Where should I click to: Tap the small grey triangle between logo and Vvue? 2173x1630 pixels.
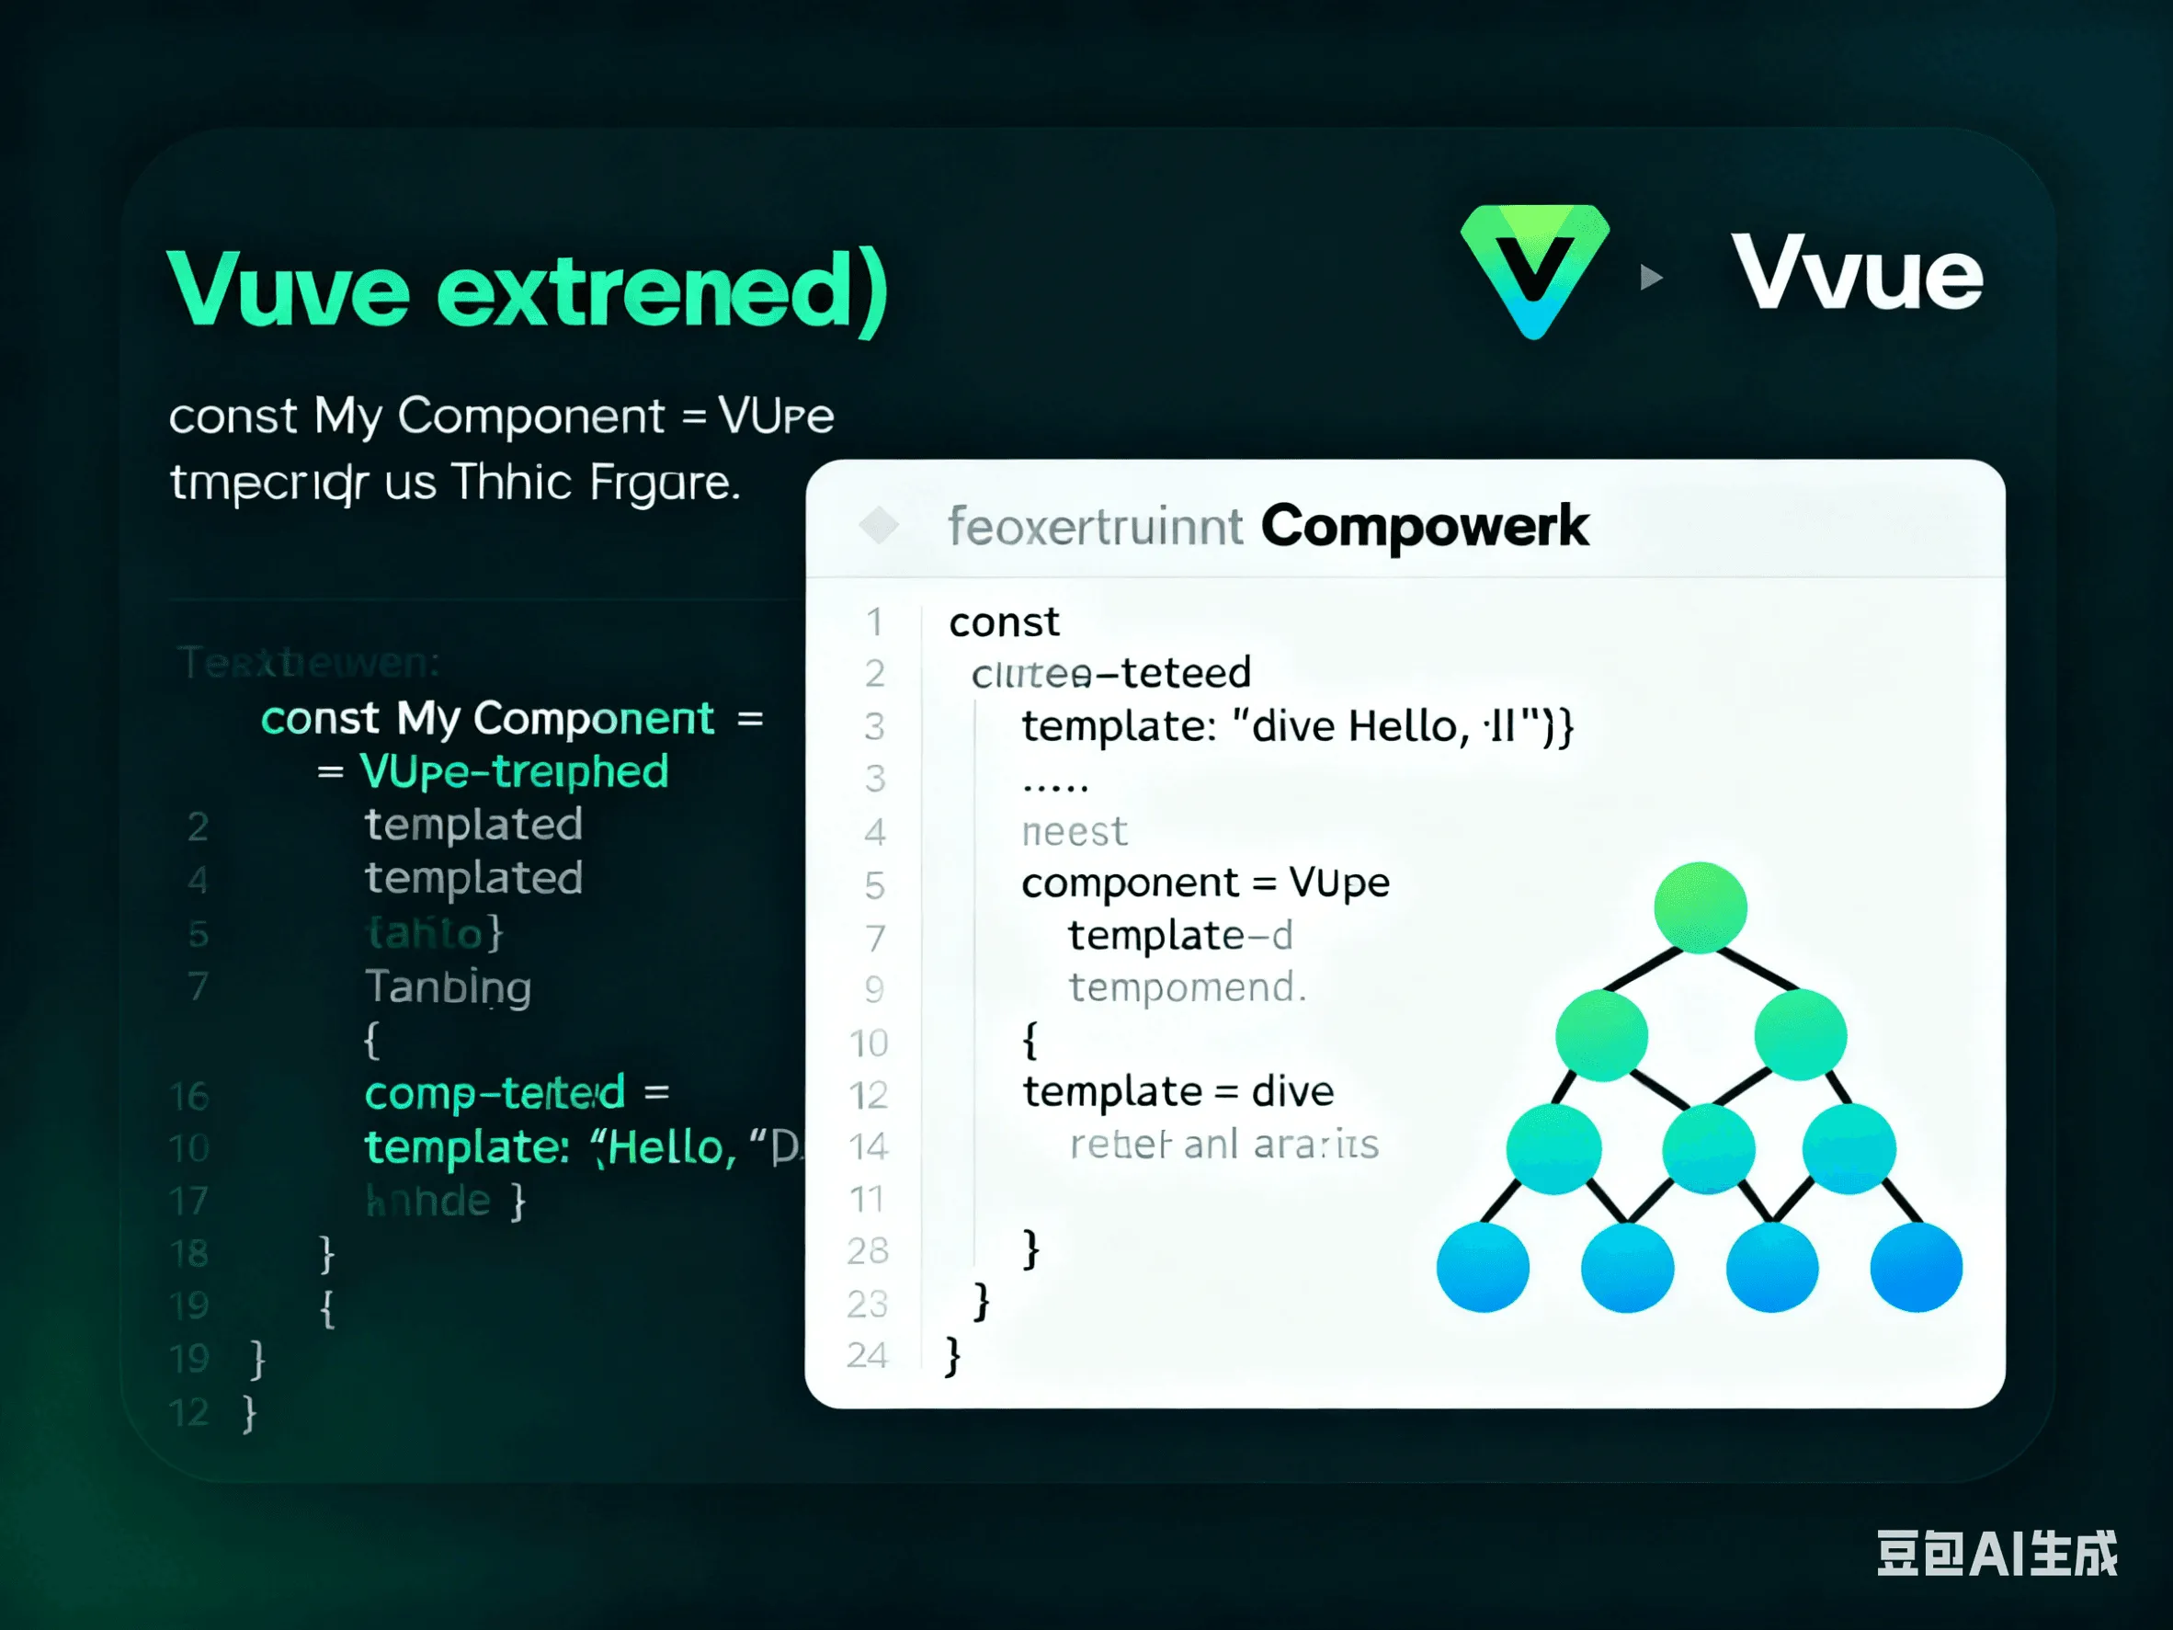[1650, 277]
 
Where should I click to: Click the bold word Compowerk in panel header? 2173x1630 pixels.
[1424, 526]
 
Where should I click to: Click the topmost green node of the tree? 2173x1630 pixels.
[1700, 906]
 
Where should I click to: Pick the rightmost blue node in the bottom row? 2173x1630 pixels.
[1916, 1267]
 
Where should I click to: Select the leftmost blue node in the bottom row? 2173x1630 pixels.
[1483, 1267]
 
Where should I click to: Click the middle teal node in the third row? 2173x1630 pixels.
[1708, 1147]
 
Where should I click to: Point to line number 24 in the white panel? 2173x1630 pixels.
[867, 1355]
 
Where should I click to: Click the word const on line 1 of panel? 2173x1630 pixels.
[1003, 621]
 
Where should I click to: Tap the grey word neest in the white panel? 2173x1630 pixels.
[1074, 831]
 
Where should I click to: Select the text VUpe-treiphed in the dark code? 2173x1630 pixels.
[514, 771]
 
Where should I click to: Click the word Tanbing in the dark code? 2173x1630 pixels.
[448, 986]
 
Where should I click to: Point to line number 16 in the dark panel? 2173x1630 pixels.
[188, 1096]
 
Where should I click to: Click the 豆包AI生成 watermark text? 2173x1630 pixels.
[1997, 1554]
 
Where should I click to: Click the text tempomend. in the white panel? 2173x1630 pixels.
[1187, 987]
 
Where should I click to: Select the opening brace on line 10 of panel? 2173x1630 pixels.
[1030, 1040]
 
